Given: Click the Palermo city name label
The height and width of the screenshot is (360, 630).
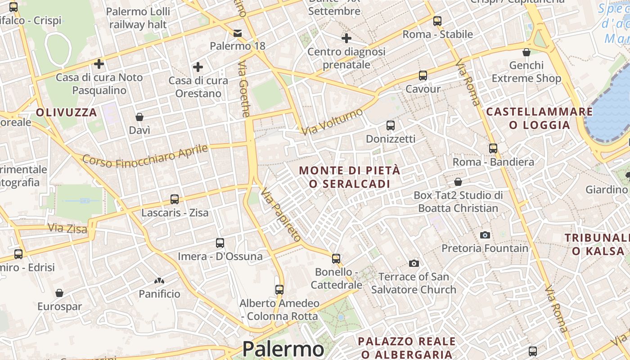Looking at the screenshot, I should [x=283, y=349].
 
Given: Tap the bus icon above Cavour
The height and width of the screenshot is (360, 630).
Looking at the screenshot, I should [x=423, y=76].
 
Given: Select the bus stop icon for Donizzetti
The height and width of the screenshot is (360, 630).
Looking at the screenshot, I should [x=390, y=126].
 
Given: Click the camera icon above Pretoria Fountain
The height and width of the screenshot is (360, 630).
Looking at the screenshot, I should [x=485, y=235].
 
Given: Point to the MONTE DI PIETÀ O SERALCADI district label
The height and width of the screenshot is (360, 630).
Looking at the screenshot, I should [x=349, y=177].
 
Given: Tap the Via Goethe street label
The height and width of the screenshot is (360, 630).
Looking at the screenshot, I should [x=243, y=90].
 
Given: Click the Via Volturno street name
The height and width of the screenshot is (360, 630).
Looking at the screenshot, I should [x=333, y=121].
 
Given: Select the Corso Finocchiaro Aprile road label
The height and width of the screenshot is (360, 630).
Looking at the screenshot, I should [x=145, y=156].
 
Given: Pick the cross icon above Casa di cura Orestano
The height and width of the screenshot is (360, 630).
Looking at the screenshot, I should [x=198, y=67].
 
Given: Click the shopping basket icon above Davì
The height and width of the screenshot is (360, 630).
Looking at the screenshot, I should [x=139, y=117].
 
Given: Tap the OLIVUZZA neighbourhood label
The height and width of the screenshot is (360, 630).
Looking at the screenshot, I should [x=67, y=112].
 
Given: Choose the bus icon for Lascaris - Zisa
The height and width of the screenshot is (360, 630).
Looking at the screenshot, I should [x=174, y=199].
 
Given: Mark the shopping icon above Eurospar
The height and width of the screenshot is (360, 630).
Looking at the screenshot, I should [x=59, y=293].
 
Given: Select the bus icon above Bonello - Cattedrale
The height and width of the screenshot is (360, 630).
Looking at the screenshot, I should [x=336, y=259].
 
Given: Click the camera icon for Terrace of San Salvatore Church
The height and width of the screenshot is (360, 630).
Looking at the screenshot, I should [x=414, y=263].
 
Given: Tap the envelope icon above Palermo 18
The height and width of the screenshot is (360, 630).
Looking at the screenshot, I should [x=237, y=33].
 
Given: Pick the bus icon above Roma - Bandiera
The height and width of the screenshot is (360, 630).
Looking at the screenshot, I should [x=493, y=148].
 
